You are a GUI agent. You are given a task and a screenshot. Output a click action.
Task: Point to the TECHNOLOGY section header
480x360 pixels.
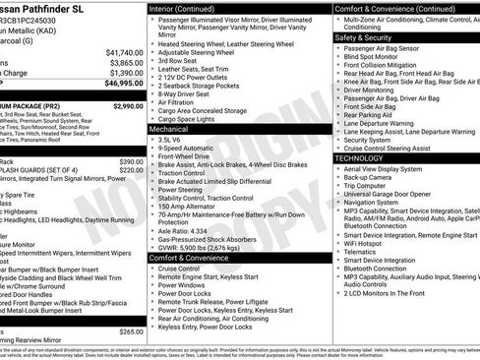[x=359, y=157]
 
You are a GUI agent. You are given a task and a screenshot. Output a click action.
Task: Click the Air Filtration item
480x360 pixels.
[x=182, y=101]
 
